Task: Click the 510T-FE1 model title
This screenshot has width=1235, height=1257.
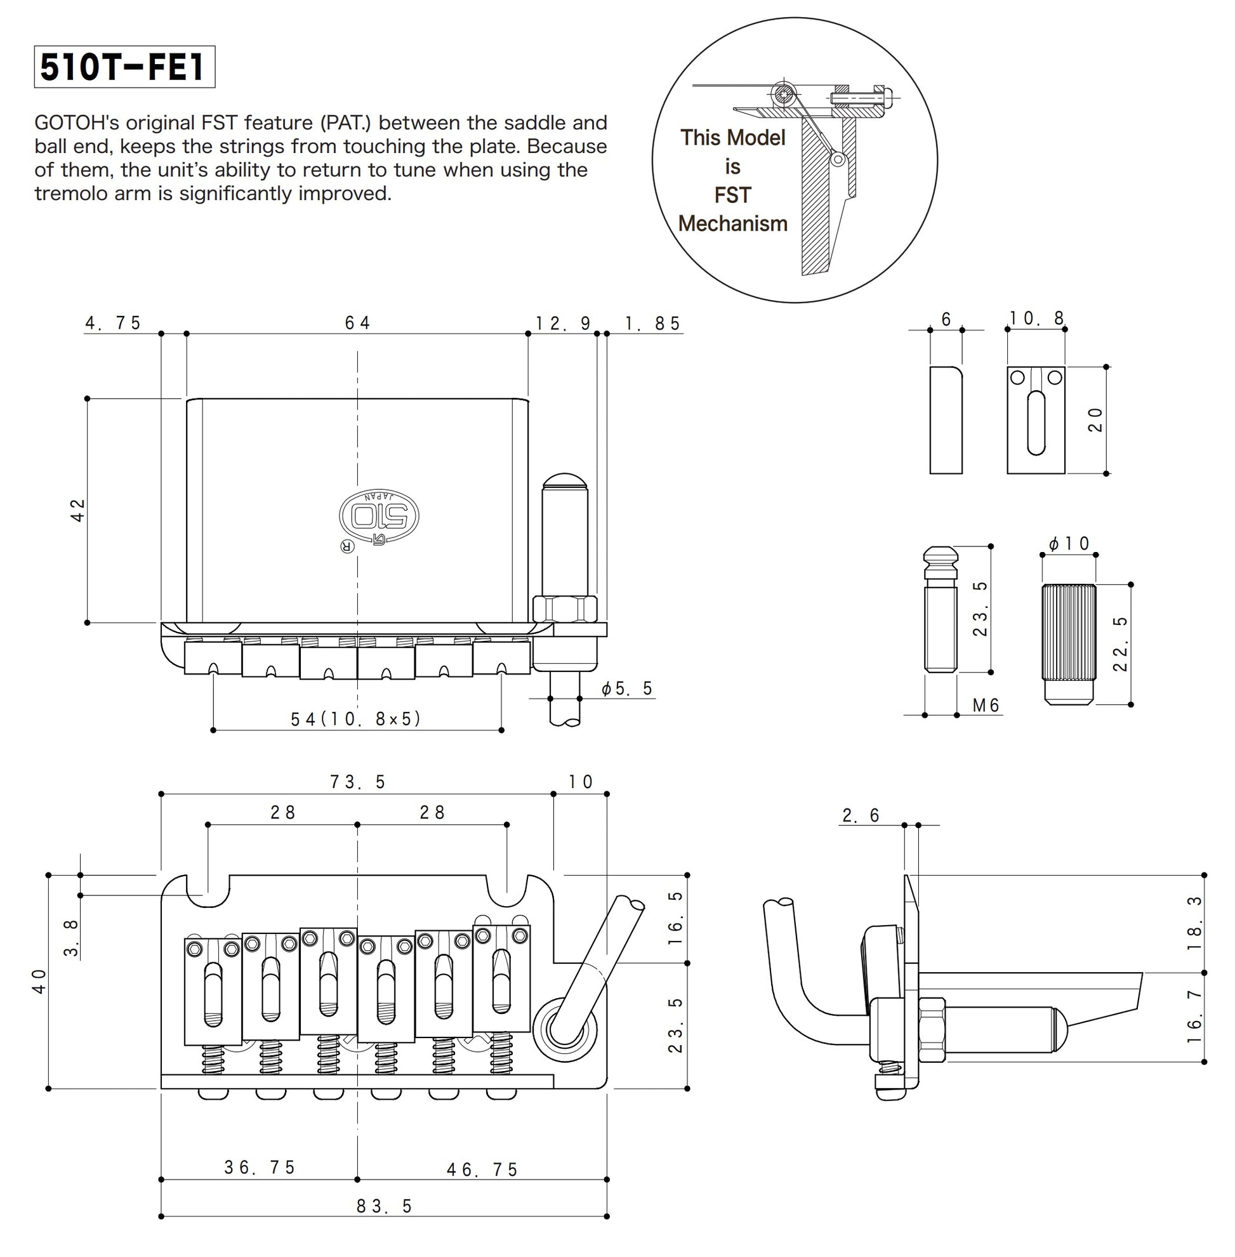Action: coord(123,67)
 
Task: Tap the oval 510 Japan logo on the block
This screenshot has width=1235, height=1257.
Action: coord(379,516)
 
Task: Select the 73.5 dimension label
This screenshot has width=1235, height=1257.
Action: coord(357,782)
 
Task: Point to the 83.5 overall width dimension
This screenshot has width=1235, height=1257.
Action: coord(384,1206)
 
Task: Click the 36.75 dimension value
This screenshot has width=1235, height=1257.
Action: coord(260,1168)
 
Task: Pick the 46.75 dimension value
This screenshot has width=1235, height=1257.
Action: coord(482,1169)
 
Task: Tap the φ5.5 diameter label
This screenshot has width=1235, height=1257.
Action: coord(626,689)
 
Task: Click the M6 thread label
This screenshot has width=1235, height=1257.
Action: coord(986,705)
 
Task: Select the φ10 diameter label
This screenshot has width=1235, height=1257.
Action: coord(1069,544)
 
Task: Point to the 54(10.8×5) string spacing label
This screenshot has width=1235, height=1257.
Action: coord(356,719)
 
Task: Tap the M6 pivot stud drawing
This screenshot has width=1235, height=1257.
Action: coord(940,610)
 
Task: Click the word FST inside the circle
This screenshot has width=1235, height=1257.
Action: coord(732,195)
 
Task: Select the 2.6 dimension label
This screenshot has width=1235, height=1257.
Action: coord(861,816)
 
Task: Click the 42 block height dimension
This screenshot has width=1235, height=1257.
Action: coord(78,510)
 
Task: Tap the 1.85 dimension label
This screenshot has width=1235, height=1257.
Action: coord(652,324)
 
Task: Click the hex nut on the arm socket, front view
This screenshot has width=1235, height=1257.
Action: coord(564,609)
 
